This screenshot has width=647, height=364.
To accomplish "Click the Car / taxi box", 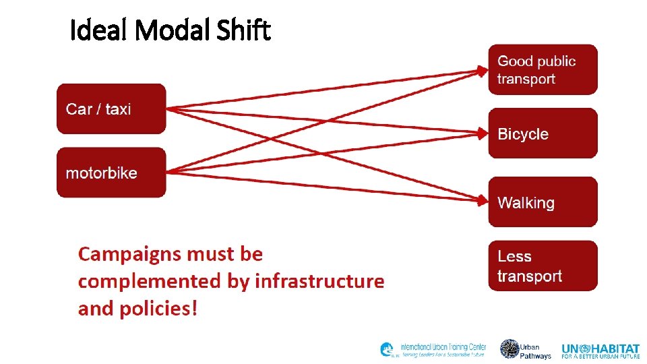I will coord(111,109).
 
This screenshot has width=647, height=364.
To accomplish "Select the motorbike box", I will coord(111,173).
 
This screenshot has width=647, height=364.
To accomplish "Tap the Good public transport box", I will coord(543,70).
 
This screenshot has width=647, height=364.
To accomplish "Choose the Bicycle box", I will coord(543,133).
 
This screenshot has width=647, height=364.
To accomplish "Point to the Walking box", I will coord(543,202).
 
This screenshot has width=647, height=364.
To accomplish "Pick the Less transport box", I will coord(543,266).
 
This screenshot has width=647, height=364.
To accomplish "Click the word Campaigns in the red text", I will coord(130,255).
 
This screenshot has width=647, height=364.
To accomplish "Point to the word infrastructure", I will coord(319,281).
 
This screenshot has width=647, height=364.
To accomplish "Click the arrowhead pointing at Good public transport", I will coord(483,69).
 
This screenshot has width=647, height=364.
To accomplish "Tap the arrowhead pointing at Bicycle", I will coord(483,133).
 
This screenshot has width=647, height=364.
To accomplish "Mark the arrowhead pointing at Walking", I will coord(483,201).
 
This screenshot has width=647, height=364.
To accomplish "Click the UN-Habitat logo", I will coord(600,350).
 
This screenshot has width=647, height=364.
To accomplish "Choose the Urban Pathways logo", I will coord(526,350).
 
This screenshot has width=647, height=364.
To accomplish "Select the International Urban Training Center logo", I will coord(433,350).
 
